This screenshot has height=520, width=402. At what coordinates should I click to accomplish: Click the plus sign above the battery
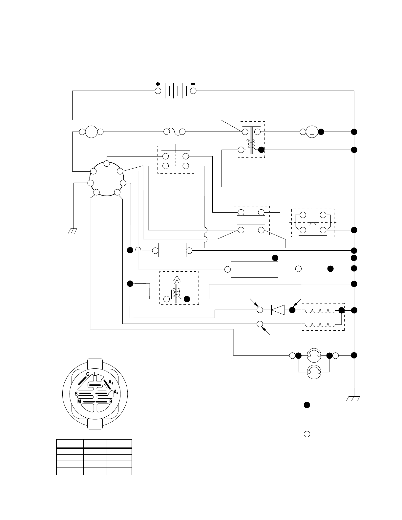[x=158, y=84]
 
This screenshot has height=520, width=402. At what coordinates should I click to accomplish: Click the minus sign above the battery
[x=193, y=84]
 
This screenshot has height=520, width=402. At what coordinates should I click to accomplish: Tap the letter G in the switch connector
[x=88, y=374]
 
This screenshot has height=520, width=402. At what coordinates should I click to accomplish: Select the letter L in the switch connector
[x=95, y=374]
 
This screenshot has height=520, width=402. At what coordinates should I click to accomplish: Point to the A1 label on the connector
[x=111, y=382]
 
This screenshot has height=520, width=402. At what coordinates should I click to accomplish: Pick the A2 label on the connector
[x=116, y=392]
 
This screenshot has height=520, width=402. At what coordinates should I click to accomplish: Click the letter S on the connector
[x=76, y=394]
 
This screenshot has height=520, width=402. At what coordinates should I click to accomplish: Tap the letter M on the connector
[x=79, y=402]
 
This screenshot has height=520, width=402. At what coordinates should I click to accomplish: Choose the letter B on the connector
[x=111, y=402]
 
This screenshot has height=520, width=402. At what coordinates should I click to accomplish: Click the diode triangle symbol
[x=278, y=310]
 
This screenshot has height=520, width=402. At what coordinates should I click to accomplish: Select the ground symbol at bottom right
[x=353, y=398]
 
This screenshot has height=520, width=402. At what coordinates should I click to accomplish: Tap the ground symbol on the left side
[x=73, y=231]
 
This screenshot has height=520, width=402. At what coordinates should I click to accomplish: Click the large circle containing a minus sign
[x=312, y=132]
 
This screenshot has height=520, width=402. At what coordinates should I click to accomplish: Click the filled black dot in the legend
[x=307, y=405]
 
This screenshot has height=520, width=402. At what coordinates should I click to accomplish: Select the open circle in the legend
[x=307, y=434]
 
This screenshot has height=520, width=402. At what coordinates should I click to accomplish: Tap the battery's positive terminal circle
[x=158, y=91]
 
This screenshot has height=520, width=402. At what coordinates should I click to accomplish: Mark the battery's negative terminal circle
[x=193, y=91]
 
